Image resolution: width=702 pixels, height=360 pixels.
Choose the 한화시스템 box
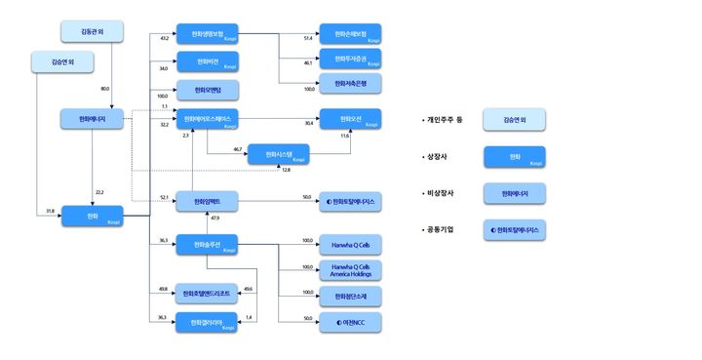pos(278,153)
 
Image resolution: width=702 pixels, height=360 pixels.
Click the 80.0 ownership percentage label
pos(104,89)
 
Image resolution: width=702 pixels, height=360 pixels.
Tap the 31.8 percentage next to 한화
pos(50,211)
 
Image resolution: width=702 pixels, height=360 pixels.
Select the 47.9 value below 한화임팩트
pos(214,219)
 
